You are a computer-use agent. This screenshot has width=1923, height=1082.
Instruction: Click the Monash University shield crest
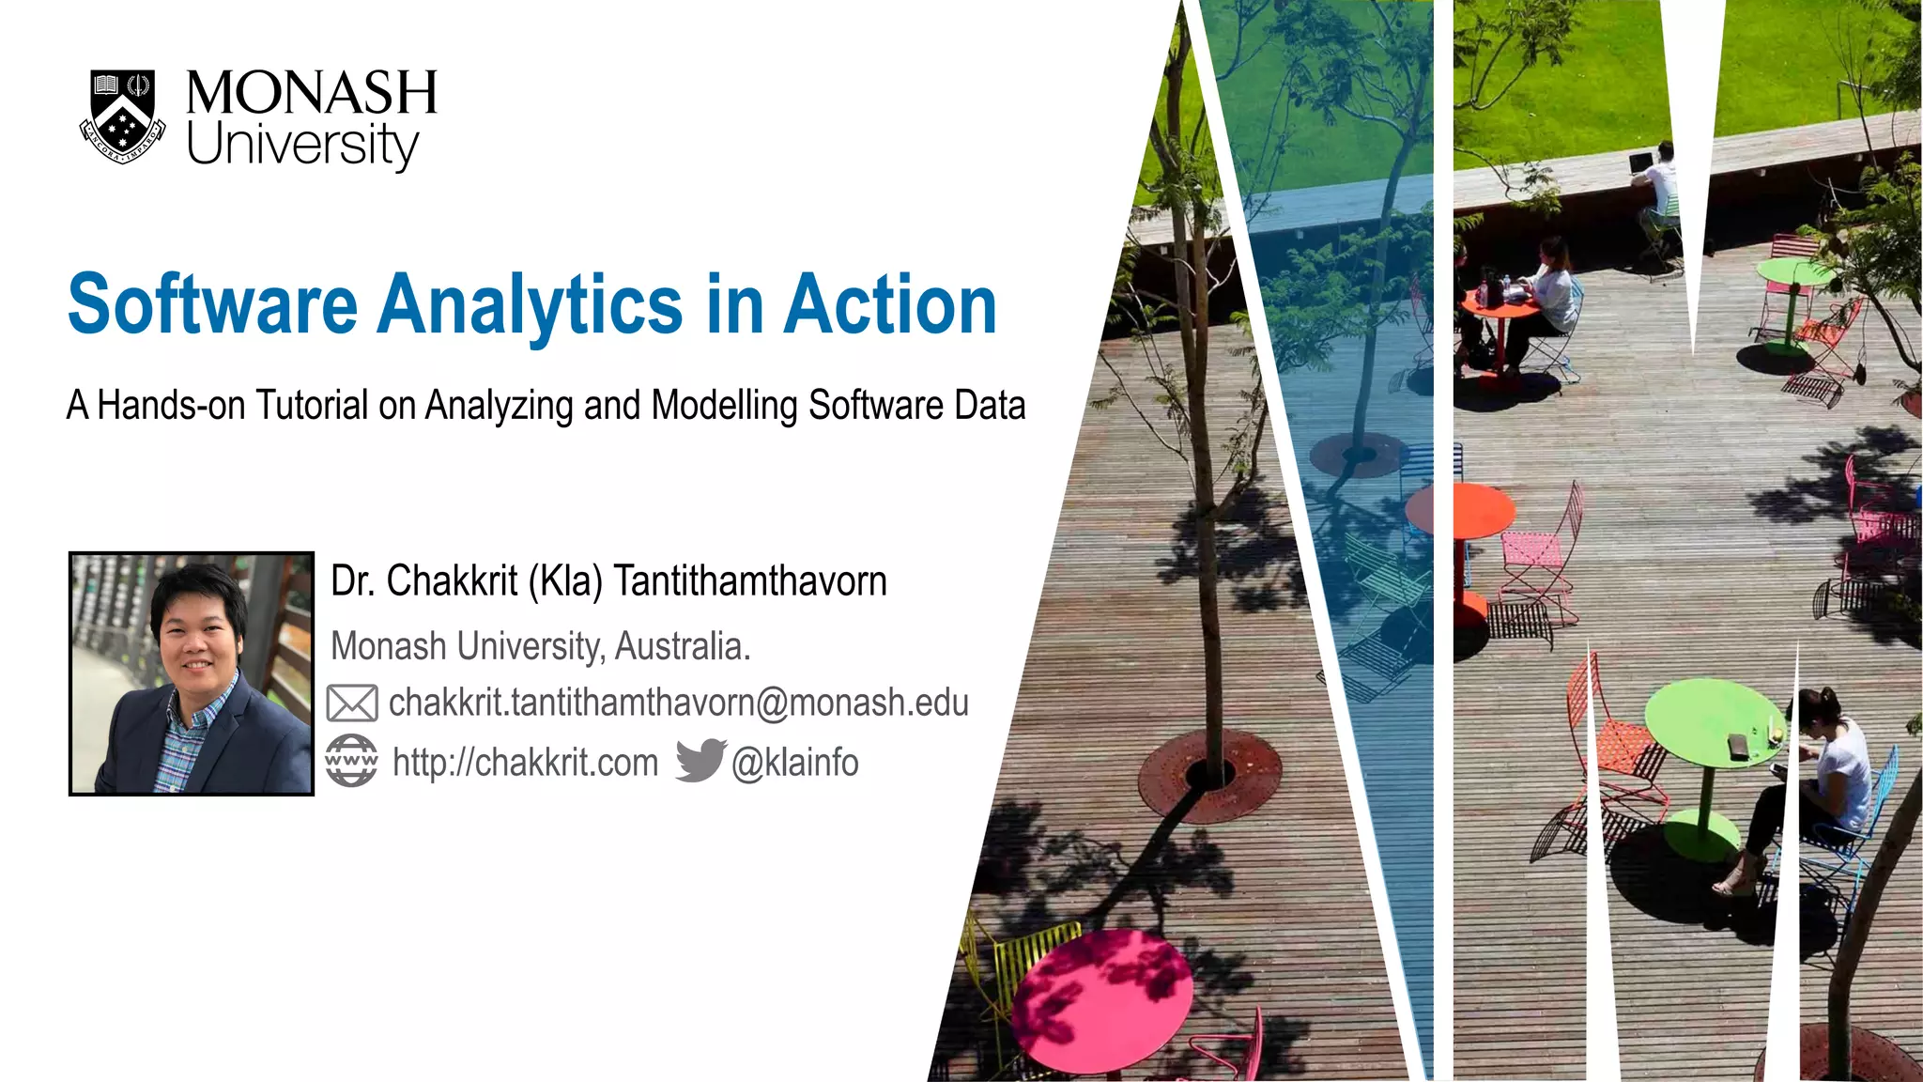[123, 116]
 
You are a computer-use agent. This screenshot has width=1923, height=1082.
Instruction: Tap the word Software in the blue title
[212, 304]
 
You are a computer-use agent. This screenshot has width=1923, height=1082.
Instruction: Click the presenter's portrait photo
[192, 673]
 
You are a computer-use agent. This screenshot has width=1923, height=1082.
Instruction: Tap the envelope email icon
[352, 703]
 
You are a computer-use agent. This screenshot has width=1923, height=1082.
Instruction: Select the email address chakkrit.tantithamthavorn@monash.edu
[678, 703]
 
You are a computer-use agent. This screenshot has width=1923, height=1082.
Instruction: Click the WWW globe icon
[351, 761]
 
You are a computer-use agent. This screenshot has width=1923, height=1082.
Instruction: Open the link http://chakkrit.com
[525, 763]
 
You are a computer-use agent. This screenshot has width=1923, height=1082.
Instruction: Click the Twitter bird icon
[700, 760]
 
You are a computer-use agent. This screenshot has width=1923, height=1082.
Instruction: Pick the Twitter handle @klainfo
[794, 763]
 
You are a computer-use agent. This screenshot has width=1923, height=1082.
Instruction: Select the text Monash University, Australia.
[541, 646]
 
